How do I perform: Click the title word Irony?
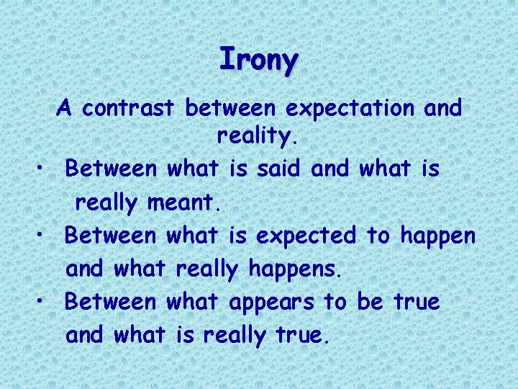[258, 59]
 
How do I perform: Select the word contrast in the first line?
[127, 108]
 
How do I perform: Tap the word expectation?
[349, 108]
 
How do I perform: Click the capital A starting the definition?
[65, 108]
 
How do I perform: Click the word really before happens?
[207, 269]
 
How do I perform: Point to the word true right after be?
[416, 302]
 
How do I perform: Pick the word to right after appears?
[334, 303]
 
